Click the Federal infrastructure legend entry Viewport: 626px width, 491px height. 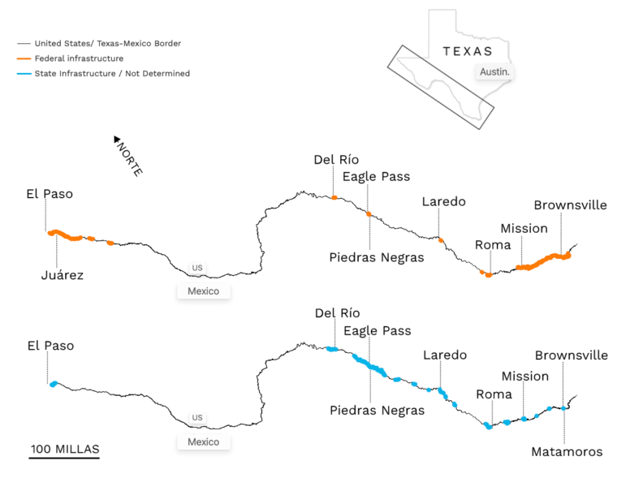coord(79,58)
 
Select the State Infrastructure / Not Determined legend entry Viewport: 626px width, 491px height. coord(112,74)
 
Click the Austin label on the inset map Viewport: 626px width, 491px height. coord(495,72)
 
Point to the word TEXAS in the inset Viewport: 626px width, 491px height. coord(468,51)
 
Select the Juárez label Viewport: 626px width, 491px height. coord(63,275)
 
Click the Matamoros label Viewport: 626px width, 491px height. coord(567,451)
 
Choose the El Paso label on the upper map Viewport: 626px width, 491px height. coord(50,194)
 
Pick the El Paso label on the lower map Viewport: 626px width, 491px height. coord(50,346)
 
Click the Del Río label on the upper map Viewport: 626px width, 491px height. coord(336,160)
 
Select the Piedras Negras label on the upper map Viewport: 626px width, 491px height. coord(377,257)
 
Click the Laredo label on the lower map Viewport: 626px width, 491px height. coord(445,355)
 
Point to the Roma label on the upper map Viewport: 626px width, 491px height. coord(493,244)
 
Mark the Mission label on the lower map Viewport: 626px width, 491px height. coord(525,377)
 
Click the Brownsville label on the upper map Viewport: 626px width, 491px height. coord(570,205)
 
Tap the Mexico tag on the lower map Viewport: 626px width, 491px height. coord(204,442)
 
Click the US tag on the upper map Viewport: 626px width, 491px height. coord(197,266)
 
